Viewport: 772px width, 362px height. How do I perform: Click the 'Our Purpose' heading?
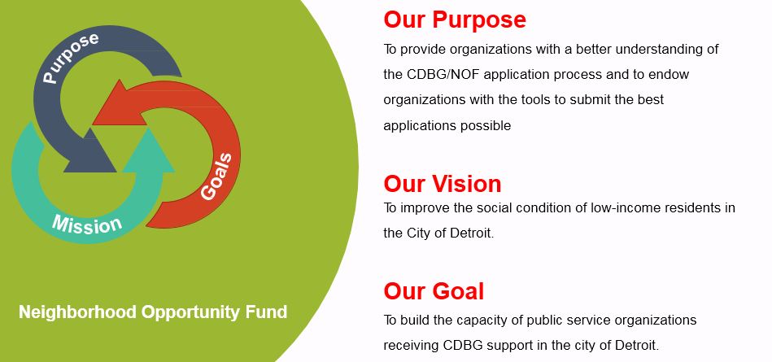[x=455, y=20]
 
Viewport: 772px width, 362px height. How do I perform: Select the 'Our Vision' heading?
[x=443, y=183]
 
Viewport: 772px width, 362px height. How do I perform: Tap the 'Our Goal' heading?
[x=434, y=291]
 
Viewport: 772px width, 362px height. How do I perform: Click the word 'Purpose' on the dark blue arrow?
[x=71, y=56]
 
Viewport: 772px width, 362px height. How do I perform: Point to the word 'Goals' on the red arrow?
[x=220, y=176]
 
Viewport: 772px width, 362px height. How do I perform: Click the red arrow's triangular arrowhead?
[x=119, y=104]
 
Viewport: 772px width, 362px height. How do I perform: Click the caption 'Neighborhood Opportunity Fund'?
[x=153, y=312]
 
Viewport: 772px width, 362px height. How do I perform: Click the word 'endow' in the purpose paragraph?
[x=671, y=74]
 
